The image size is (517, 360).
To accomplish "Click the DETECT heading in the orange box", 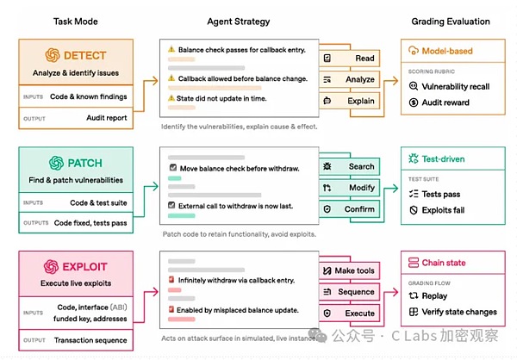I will click(85, 54).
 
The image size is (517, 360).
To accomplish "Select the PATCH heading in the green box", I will click(84, 162).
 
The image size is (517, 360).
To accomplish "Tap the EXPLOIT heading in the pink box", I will click(85, 265).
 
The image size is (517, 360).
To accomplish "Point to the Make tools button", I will click(350, 271).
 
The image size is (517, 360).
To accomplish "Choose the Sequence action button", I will click(350, 293).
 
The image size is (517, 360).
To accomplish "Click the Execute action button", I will click(350, 314).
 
